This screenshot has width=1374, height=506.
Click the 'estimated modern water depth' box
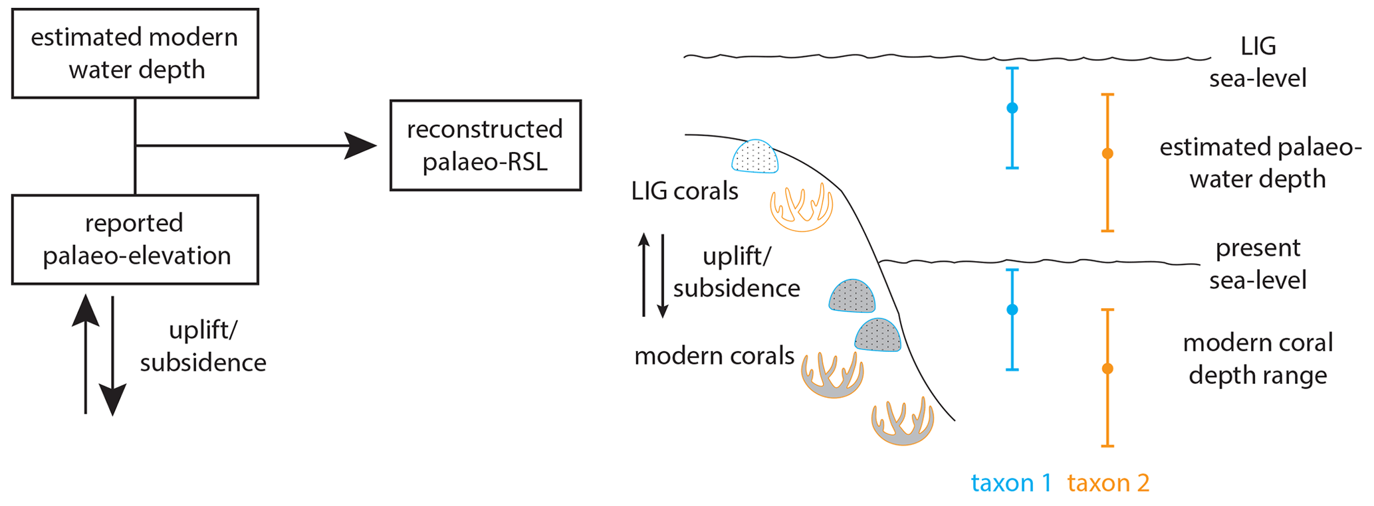135,54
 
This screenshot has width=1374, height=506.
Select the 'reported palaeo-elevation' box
135,240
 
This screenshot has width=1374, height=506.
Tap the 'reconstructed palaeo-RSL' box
485,145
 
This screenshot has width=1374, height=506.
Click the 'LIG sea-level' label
1258,62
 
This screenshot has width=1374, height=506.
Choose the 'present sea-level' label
1258,264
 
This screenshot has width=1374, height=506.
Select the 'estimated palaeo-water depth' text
1259,163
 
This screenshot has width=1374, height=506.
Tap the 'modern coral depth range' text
1258,359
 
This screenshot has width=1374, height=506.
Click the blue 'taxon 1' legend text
1011,483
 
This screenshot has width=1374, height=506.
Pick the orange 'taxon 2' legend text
1108,483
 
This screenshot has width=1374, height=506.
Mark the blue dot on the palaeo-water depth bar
1012,108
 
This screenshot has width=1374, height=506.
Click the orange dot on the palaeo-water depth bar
1107,153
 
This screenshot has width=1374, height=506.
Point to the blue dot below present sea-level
1012,309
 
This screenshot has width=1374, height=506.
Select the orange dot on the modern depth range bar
1107,369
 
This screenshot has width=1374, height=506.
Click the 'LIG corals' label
685,191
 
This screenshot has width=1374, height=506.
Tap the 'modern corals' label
714,356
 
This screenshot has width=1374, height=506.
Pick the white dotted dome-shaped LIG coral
755,157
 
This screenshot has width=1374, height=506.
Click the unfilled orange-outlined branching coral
802,207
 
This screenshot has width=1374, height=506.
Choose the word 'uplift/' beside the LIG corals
737,256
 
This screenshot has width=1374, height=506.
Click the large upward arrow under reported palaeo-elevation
86,352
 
